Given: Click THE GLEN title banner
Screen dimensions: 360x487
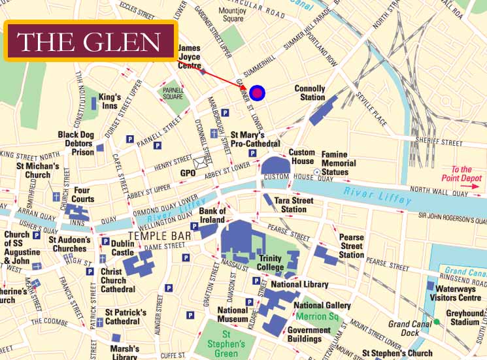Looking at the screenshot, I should click(x=90, y=41).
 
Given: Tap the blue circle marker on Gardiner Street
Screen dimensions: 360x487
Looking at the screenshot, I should click(x=258, y=93).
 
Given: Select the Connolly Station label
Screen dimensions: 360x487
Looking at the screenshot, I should click(x=309, y=93).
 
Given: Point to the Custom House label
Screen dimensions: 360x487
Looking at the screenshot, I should click(x=302, y=157).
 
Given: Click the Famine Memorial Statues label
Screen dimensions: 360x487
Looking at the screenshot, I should click(x=339, y=163).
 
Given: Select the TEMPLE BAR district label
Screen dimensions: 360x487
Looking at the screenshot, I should click(x=160, y=235).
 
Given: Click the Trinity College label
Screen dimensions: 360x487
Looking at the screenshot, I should click(x=271, y=263).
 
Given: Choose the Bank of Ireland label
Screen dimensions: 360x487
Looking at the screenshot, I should click(x=212, y=216).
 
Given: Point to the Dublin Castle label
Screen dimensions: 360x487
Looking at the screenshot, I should click(x=122, y=248).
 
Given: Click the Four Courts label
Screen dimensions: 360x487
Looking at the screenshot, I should click(x=83, y=195).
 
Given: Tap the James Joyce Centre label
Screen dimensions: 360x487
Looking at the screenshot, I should click(x=190, y=57).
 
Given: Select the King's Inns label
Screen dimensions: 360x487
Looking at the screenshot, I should click(x=110, y=101).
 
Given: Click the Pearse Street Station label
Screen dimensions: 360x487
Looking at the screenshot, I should click(x=351, y=246).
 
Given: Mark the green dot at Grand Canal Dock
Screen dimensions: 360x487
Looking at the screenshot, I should click(x=437, y=322).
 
